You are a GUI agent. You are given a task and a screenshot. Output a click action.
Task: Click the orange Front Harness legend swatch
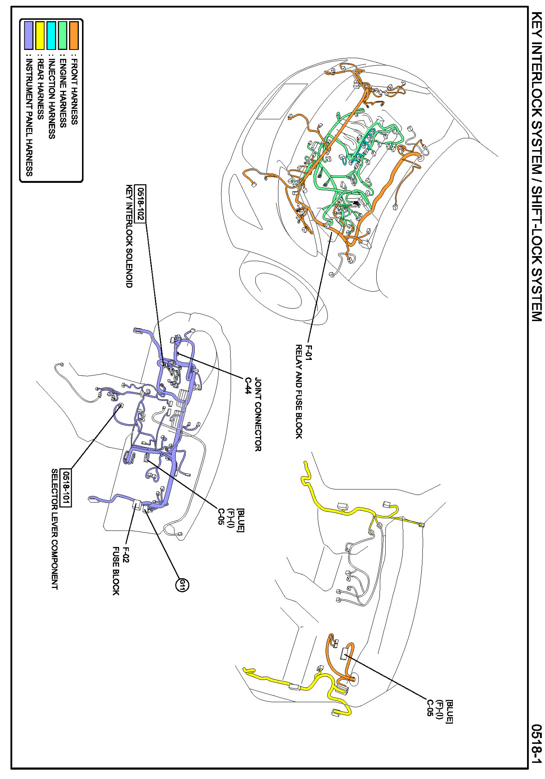pyautogui.click(x=74, y=35)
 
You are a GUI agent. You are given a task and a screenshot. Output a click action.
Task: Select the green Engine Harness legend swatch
pyautogui.click(x=62, y=35)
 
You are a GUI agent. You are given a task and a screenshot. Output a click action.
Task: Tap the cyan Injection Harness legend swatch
pyautogui.click(x=51, y=35)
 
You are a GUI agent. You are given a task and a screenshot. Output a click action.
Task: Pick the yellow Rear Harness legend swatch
pyautogui.click(x=40, y=35)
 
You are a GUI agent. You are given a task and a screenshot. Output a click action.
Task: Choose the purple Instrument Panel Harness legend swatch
pyautogui.click(x=28, y=35)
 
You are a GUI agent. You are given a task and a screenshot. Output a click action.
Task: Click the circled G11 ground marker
pyautogui.click(x=182, y=584)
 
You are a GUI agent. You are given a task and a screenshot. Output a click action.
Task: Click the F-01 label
pyautogui.click(x=308, y=352)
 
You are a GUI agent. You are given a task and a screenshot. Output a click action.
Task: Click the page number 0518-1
pyautogui.click(x=537, y=744)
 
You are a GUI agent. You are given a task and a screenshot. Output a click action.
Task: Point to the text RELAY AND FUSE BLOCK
pyautogui.click(x=299, y=391)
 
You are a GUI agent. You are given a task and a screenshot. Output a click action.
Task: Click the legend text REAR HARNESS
pyautogui.click(x=40, y=89)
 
